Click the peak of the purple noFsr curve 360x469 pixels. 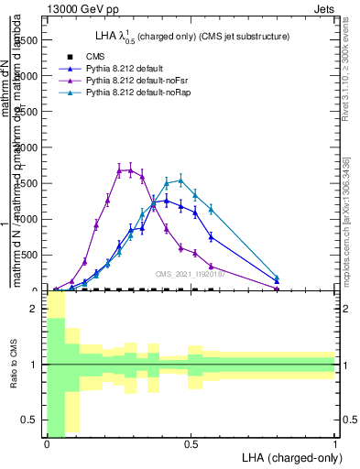(130, 169)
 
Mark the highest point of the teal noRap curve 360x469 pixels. (181, 180)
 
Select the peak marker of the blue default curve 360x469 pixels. (166, 200)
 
